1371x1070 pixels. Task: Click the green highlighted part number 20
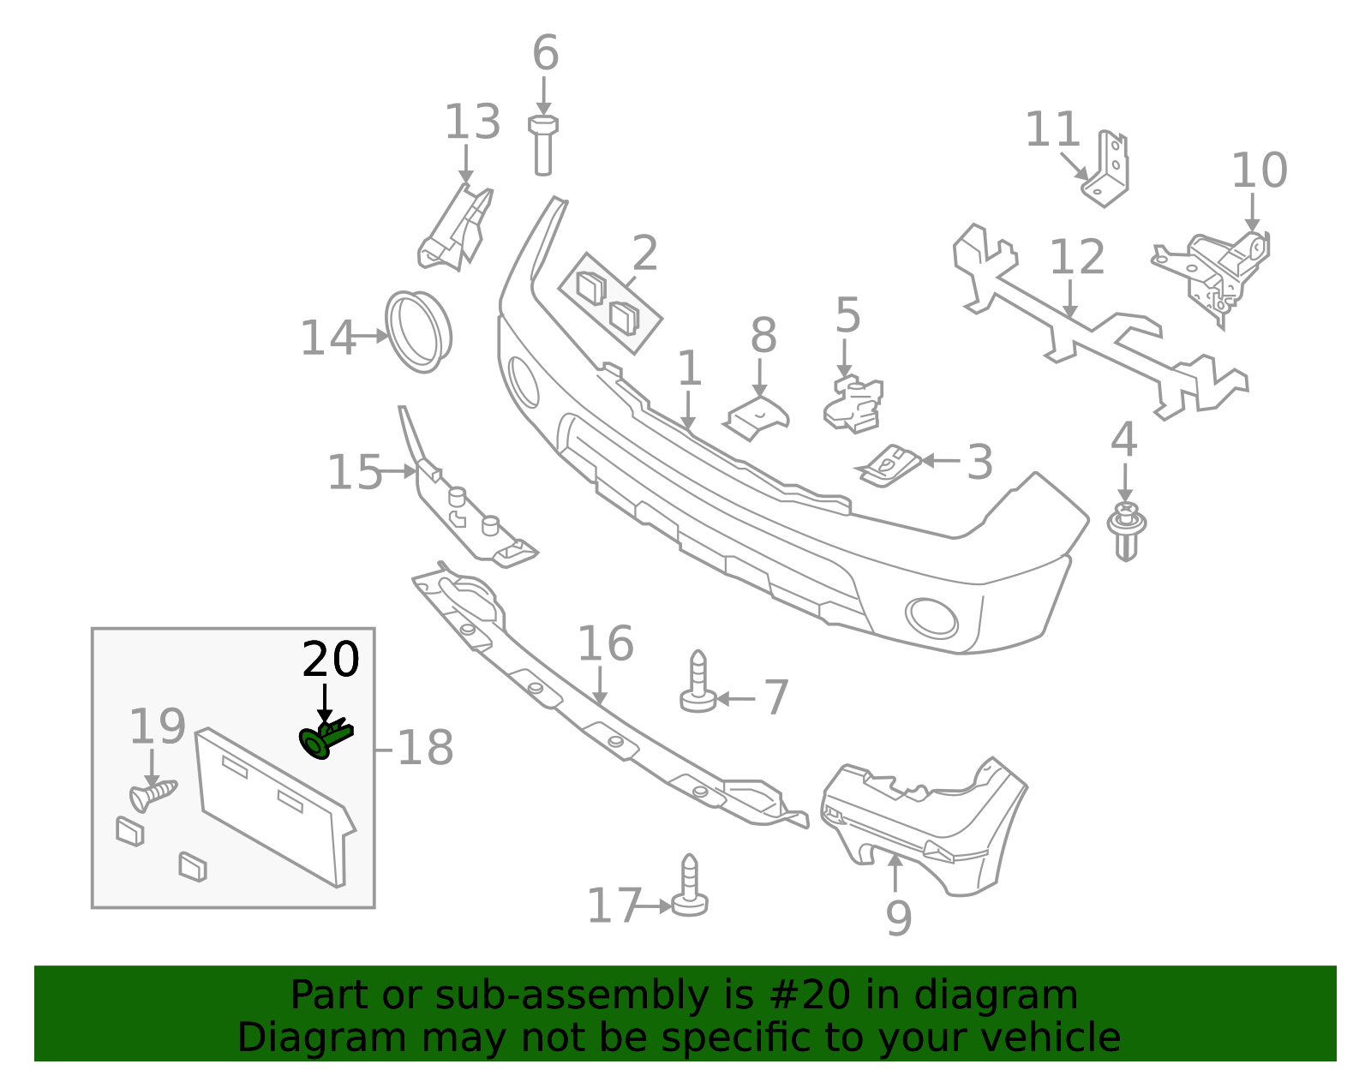(x=325, y=738)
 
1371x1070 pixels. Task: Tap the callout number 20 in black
(x=331, y=661)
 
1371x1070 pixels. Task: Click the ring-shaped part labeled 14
(x=418, y=332)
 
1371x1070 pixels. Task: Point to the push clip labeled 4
(x=1127, y=529)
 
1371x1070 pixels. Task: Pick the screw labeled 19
(x=152, y=795)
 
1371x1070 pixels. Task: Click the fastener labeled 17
(x=690, y=888)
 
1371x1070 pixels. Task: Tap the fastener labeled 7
(x=698, y=684)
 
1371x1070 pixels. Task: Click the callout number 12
(x=1077, y=258)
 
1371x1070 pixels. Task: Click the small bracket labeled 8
(x=757, y=416)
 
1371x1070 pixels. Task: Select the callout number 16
(x=606, y=644)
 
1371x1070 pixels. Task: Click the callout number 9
(x=898, y=919)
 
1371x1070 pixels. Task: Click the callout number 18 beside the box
(x=425, y=749)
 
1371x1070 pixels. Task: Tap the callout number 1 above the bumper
(x=689, y=369)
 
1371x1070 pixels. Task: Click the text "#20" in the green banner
(x=804, y=995)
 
